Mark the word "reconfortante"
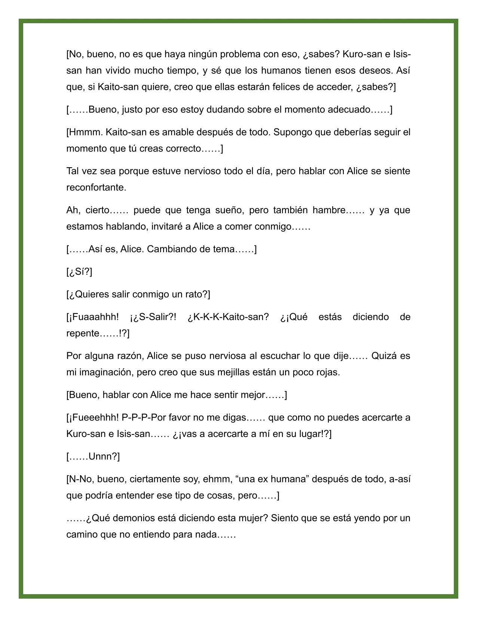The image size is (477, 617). coord(95,187)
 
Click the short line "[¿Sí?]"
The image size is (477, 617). coord(79,272)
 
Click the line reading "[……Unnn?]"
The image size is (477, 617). coord(93,457)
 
